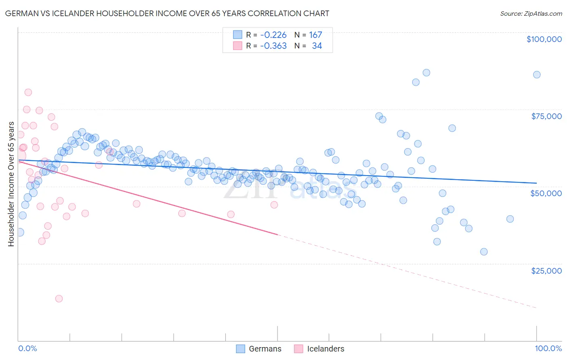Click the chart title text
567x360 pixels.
tap(167, 13)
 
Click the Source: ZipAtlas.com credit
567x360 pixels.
tap(531, 13)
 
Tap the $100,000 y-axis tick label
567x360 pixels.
tap(544, 39)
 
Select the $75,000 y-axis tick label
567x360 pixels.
tap(546, 116)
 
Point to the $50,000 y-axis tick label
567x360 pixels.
tap(546, 193)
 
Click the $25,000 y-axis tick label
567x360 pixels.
tap(546, 271)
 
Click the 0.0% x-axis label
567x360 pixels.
tap(27, 348)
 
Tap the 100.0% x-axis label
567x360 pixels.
tap(548, 348)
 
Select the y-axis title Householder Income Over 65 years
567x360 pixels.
tap(11, 184)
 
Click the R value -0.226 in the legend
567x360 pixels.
tap(273, 35)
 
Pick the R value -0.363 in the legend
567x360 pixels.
tap(273, 46)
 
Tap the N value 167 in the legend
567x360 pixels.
tap(315, 35)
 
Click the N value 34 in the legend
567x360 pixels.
tap(317, 46)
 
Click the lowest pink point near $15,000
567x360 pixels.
tap(59, 299)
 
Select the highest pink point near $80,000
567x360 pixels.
tap(28, 92)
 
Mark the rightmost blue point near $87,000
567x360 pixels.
tap(536, 75)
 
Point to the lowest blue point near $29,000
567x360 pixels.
tap(484, 252)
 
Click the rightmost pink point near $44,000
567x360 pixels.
tap(274, 205)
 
